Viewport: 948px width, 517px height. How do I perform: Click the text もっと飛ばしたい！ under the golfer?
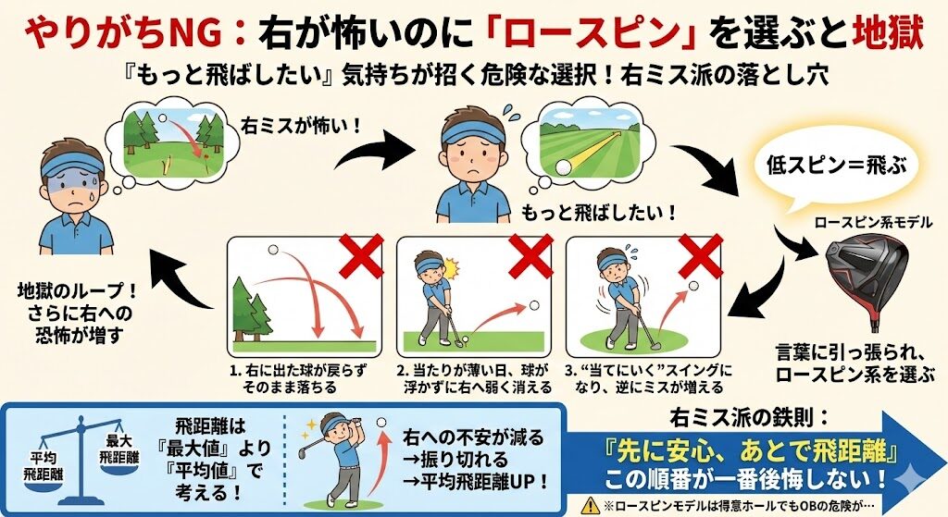599,213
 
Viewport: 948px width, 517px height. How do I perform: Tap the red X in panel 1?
361,256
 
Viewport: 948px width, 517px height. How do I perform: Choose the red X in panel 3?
701,256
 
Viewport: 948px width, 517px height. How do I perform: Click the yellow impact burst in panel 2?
451,266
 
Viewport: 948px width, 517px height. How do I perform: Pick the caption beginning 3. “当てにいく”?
648,378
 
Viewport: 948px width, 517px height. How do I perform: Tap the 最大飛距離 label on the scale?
119,449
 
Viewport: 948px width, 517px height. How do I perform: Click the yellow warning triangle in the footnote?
590,506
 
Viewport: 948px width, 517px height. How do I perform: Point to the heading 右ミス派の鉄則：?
750,418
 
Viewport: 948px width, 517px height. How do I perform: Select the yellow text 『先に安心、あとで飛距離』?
752,450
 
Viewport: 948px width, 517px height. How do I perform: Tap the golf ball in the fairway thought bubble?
563,166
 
